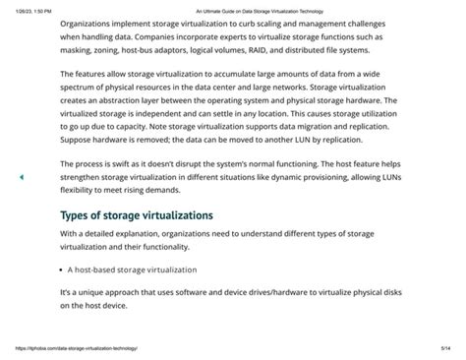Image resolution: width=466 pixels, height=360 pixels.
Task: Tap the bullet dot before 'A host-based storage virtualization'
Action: pyautogui.click(x=63, y=269)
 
